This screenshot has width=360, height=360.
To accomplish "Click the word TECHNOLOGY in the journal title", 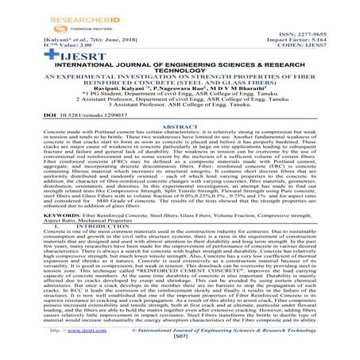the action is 180,72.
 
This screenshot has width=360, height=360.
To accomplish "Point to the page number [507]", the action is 180,356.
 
